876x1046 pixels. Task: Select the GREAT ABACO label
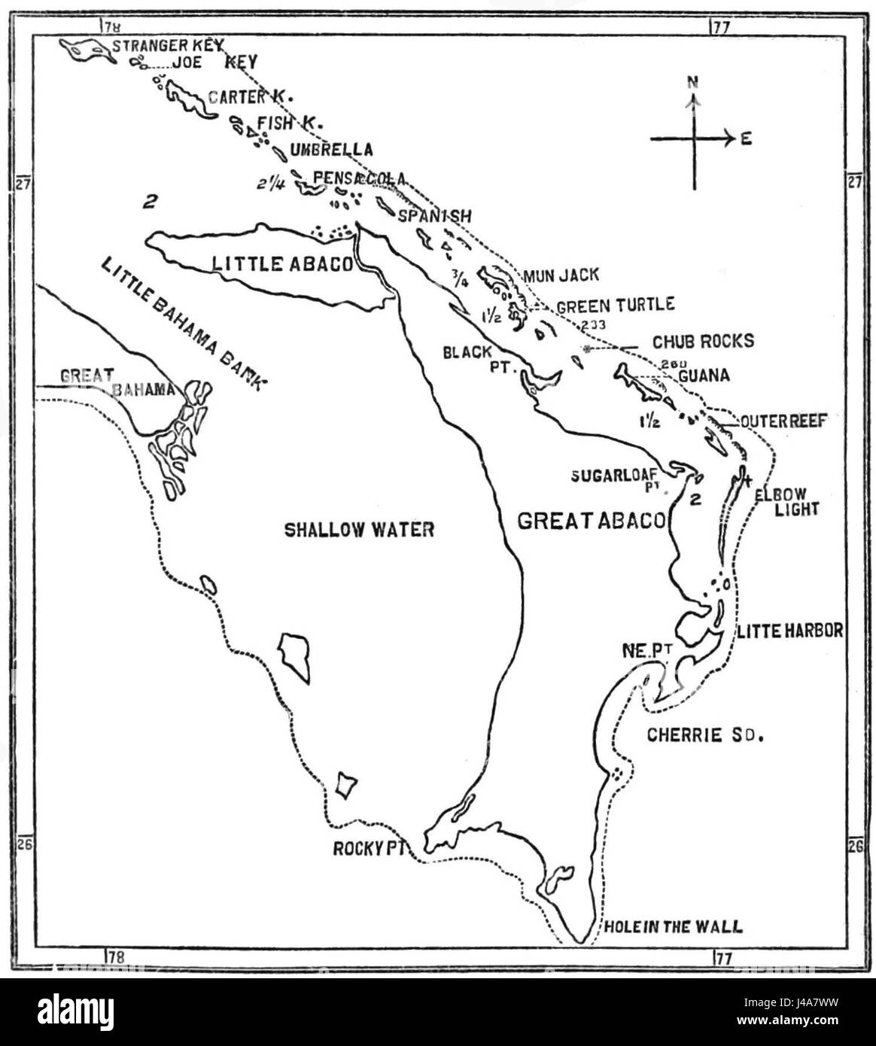[592, 521]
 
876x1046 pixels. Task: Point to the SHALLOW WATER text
[359, 529]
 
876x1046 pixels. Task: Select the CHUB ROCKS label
[703, 341]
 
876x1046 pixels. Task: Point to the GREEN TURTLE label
[615, 305]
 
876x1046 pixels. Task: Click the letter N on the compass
[692, 81]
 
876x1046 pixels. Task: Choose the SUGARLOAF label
[614, 475]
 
